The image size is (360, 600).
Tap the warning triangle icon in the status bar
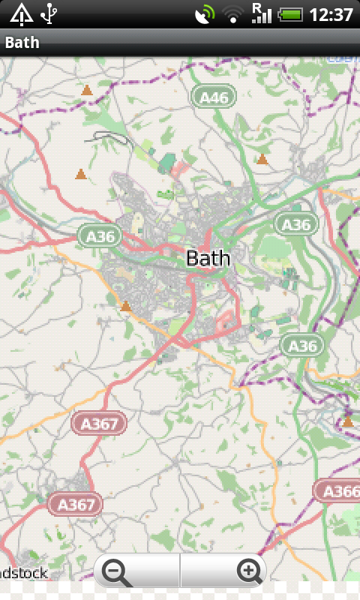coord(22,13)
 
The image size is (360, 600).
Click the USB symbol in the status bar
coord(49,13)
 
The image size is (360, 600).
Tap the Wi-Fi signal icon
coord(233,13)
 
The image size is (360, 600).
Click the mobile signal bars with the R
coord(261,13)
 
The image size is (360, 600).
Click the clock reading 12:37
coord(331,13)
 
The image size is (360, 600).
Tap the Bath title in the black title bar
coord(22,43)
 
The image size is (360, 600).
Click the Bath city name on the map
coord(208,258)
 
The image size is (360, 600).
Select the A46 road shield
coord(214,97)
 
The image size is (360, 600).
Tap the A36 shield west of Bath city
coord(100,236)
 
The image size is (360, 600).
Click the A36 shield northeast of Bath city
coord(296,223)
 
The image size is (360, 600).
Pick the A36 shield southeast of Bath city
coord(303,345)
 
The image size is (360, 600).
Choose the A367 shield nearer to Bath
coord(99,424)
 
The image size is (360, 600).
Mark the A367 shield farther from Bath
coord(75,503)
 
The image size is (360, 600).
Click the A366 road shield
coord(338,491)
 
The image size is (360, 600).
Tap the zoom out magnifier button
coord(118,572)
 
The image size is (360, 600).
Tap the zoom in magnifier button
coord(249,572)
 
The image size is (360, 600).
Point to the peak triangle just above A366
coord(347,422)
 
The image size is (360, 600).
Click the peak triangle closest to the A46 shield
coord(262,159)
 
